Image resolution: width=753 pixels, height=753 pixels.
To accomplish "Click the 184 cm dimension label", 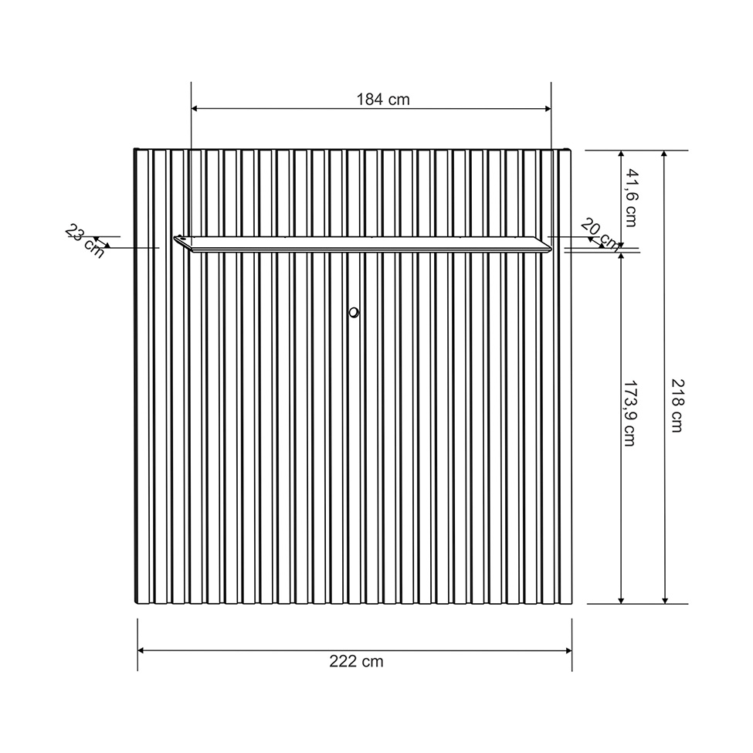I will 382,99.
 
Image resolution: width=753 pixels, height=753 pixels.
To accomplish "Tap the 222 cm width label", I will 356,661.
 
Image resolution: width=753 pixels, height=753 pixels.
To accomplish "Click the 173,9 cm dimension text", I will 630,414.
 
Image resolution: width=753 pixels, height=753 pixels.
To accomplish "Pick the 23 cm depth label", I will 84,240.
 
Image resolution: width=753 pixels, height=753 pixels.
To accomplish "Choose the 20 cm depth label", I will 599,233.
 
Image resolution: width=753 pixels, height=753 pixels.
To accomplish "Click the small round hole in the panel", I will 354,312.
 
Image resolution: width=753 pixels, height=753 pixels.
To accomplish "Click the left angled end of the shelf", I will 180,242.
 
